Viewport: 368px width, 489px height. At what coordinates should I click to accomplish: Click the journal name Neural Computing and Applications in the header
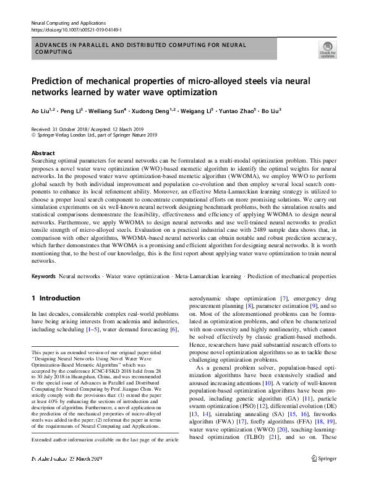pos(69,22)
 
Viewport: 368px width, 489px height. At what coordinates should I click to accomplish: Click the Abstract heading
pos(43,153)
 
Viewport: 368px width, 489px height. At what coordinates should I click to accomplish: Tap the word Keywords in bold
pos(44,276)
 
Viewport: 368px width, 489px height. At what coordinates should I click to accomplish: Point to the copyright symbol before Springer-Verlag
pos(33,134)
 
